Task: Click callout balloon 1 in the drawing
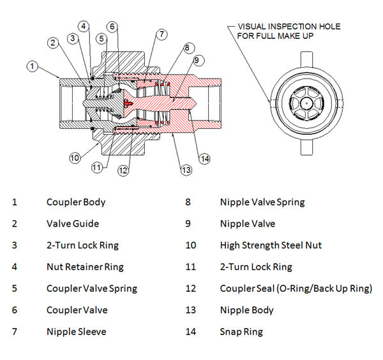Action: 33,66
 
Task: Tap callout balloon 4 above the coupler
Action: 84,26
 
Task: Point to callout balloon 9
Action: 197,61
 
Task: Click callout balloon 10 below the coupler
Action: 75,157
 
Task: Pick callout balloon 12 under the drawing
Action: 123,170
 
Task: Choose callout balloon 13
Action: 186,170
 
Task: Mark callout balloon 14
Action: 204,158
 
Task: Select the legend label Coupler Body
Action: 76,202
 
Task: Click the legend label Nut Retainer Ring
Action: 85,267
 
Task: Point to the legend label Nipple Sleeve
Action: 76,331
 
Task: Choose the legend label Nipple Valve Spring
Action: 262,202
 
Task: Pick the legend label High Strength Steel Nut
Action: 271,245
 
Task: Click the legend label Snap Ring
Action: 241,331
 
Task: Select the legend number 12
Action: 191,289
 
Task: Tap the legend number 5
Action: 15,289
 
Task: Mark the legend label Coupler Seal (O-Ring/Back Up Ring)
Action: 296,289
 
